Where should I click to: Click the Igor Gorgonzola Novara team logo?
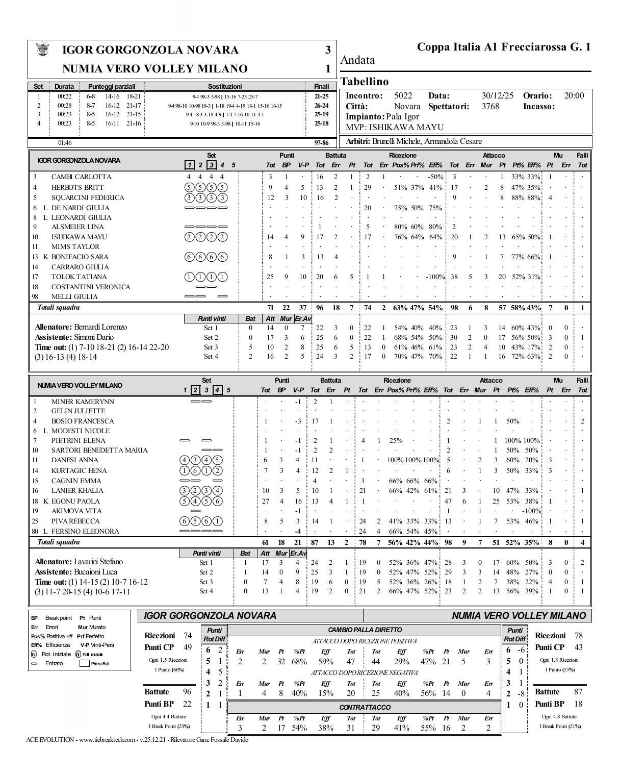click(x=43, y=49)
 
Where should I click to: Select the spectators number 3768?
click(x=490, y=107)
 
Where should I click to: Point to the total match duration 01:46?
click(x=65, y=143)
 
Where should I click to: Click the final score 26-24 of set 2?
click(x=321, y=106)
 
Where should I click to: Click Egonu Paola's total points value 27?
click(x=265, y=501)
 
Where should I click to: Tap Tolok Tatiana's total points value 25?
click(x=270, y=277)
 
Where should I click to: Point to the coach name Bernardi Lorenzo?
click(x=100, y=327)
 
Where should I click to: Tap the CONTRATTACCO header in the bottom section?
click(x=365, y=708)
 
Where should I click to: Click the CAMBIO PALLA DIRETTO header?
click(x=365, y=630)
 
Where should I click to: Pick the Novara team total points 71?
click(x=270, y=308)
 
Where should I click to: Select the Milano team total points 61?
click(x=265, y=542)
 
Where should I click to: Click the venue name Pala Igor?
click(x=402, y=117)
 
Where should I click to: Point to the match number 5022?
click(x=403, y=96)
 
